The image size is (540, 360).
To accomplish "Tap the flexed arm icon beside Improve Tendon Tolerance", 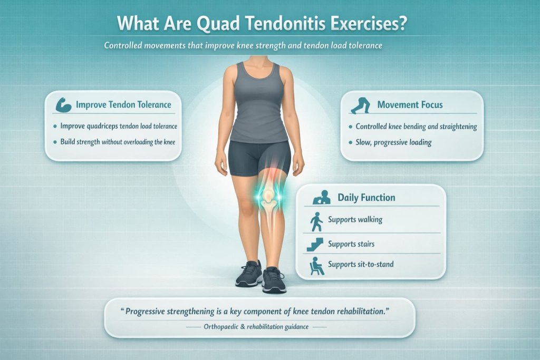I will coord(63,104).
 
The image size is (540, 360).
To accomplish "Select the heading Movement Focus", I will coord(410,105).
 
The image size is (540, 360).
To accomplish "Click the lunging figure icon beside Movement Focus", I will coord(361,105).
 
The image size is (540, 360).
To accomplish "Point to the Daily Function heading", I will coord(366,198).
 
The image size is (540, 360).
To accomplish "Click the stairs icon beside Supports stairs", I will coord(315,244).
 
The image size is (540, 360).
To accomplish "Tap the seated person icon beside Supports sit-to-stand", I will coord(316,264).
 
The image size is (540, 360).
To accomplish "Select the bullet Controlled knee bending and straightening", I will coord(416,127).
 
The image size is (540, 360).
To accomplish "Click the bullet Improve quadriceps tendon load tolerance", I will coord(119,127).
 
